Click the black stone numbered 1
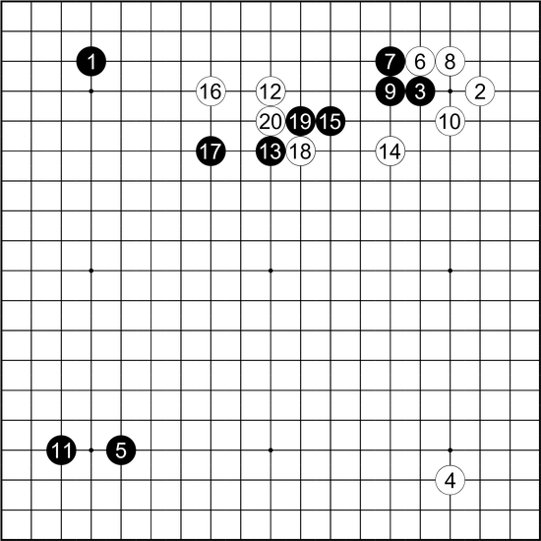click(x=91, y=61)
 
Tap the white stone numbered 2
click(x=480, y=91)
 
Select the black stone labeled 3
click(x=420, y=91)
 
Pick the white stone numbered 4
click(x=450, y=480)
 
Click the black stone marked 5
click(x=121, y=450)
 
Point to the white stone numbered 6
click(x=420, y=61)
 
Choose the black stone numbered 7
click(x=391, y=61)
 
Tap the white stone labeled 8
click(x=450, y=61)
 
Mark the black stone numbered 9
click(x=391, y=91)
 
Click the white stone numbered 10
click(x=450, y=121)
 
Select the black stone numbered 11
click(x=61, y=450)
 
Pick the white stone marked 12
click(x=270, y=91)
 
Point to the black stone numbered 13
click(x=270, y=151)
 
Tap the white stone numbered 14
click(x=391, y=151)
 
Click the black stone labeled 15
click(x=331, y=121)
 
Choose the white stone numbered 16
click(x=210, y=91)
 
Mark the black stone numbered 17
click(x=210, y=151)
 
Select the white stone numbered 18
click(x=301, y=151)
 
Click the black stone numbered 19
click(x=301, y=121)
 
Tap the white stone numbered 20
click(x=270, y=121)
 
